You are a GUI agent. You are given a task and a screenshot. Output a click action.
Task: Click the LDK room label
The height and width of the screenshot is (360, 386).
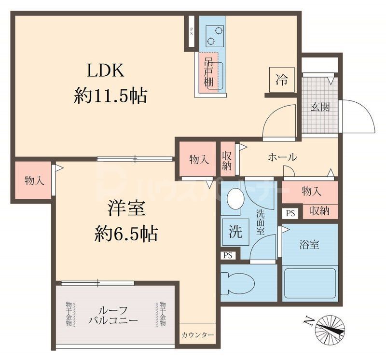[x=106, y=71]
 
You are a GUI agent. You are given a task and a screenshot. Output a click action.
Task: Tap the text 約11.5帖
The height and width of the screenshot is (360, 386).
[x=110, y=96]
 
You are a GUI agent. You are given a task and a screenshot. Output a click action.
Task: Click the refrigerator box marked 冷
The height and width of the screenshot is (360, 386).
[x=281, y=79]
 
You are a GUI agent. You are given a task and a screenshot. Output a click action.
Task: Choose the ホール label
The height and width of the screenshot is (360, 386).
[x=282, y=157]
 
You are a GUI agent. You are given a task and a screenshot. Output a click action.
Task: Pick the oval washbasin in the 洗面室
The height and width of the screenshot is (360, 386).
[x=235, y=198]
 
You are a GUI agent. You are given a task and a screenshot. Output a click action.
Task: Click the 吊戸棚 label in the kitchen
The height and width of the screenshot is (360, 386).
[x=209, y=72]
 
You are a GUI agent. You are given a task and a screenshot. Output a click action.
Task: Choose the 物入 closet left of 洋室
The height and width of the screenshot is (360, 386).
[x=34, y=180]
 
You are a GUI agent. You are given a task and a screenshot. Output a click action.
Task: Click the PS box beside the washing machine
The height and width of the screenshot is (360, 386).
[x=228, y=256]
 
